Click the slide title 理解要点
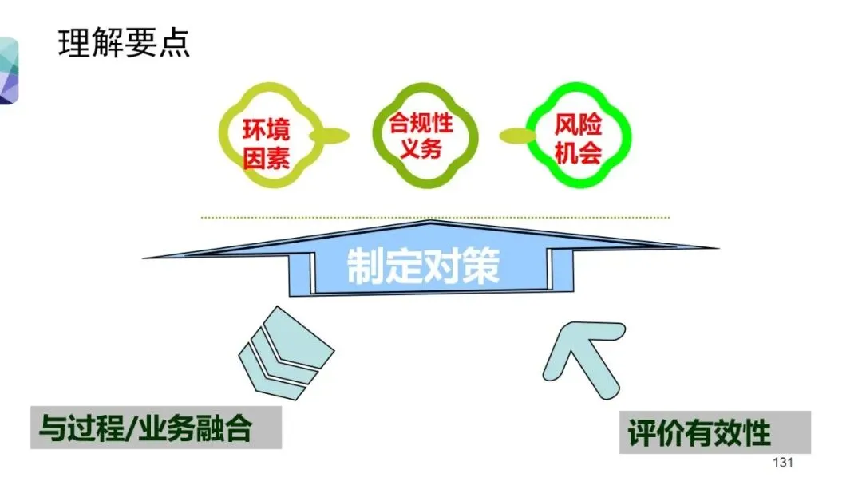pyautogui.click(x=125, y=43)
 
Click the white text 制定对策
pyautogui.click(x=423, y=267)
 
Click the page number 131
pyautogui.click(x=785, y=464)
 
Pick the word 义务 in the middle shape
pyautogui.click(x=421, y=148)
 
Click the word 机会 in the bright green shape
pyautogui.click(x=579, y=152)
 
